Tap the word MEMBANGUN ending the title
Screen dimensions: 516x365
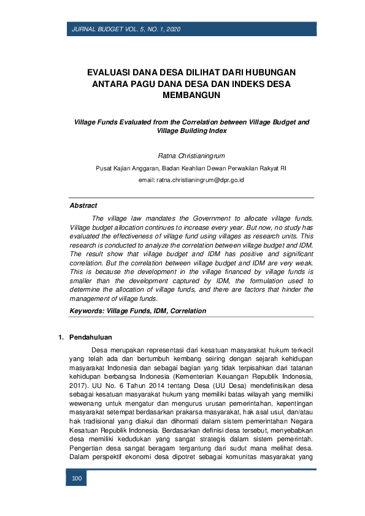[191, 96]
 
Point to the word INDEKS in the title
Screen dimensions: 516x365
[249, 84]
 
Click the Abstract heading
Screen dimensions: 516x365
[83, 206]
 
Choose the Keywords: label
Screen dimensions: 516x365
[86, 311]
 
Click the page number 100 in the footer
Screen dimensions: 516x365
[77, 478]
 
